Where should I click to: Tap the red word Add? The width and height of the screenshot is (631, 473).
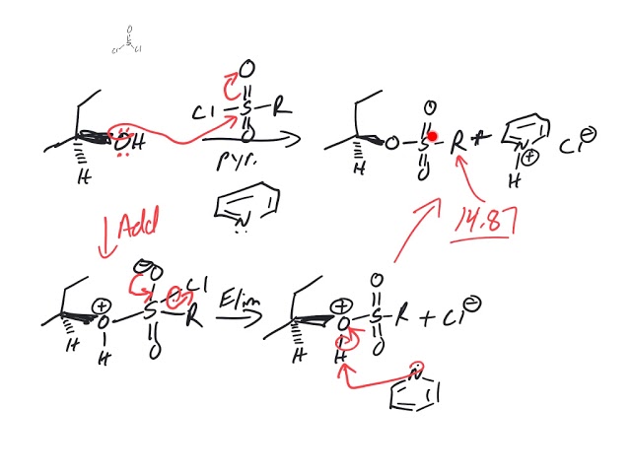tap(139, 228)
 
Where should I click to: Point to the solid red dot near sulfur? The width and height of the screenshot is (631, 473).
tap(432, 136)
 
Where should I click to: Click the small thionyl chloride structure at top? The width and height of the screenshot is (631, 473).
tap(127, 41)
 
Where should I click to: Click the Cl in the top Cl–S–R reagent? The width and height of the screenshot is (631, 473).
tap(203, 112)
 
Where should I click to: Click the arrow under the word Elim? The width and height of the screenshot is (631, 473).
tap(241, 316)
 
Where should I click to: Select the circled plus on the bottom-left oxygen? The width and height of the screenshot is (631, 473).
tap(102, 306)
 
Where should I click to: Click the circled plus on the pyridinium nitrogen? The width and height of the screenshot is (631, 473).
tap(528, 156)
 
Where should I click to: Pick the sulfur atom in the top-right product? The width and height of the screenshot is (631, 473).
tap(424, 142)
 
